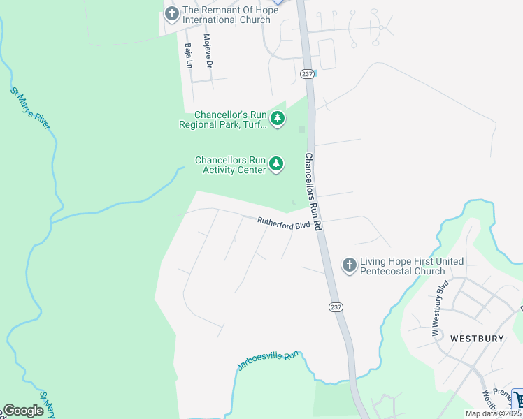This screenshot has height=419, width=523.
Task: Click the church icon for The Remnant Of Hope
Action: tap(172, 12)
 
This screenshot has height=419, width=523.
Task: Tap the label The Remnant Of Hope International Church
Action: tap(226, 15)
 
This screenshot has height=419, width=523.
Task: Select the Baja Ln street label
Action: tap(188, 55)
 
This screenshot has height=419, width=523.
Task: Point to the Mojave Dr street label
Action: tap(208, 51)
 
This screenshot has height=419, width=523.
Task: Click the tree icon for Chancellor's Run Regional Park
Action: tap(278, 119)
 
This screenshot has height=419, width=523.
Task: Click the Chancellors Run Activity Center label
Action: tap(230, 165)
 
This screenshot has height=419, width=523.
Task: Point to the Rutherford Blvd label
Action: tap(283, 224)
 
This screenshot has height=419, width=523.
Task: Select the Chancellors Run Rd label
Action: tap(313, 192)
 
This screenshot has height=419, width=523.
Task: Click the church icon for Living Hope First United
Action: tap(349, 265)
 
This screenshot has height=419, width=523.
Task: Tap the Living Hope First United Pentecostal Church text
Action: tap(402, 266)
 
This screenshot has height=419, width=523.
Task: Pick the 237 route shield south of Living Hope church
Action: tap(335, 307)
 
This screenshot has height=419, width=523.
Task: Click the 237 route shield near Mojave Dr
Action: tap(308, 73)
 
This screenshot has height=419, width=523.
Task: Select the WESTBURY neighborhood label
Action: tap(477, 338)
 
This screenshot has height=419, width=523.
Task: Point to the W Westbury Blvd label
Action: tap(439, 309)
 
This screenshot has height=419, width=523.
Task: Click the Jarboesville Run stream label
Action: tap(267, 361)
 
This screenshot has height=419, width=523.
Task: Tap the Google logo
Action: tap(23, 411)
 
